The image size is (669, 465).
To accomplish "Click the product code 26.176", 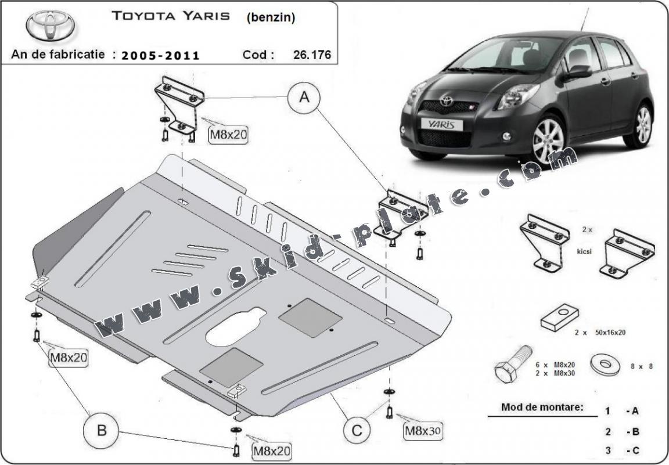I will tap(312, 55).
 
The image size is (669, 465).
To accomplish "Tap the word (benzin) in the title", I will tap(271, 17).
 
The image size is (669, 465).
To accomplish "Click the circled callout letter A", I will tap(304, 98).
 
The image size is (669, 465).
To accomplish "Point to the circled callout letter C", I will tap(357, 430).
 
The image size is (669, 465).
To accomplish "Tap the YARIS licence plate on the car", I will tap(441, 124).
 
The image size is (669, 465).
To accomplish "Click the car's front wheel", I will tap(548, 139).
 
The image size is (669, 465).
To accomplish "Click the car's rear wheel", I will tap(642, 124).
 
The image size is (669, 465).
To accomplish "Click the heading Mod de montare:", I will tap(542, 407).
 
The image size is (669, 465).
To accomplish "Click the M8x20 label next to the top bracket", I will tap(228, 135).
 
